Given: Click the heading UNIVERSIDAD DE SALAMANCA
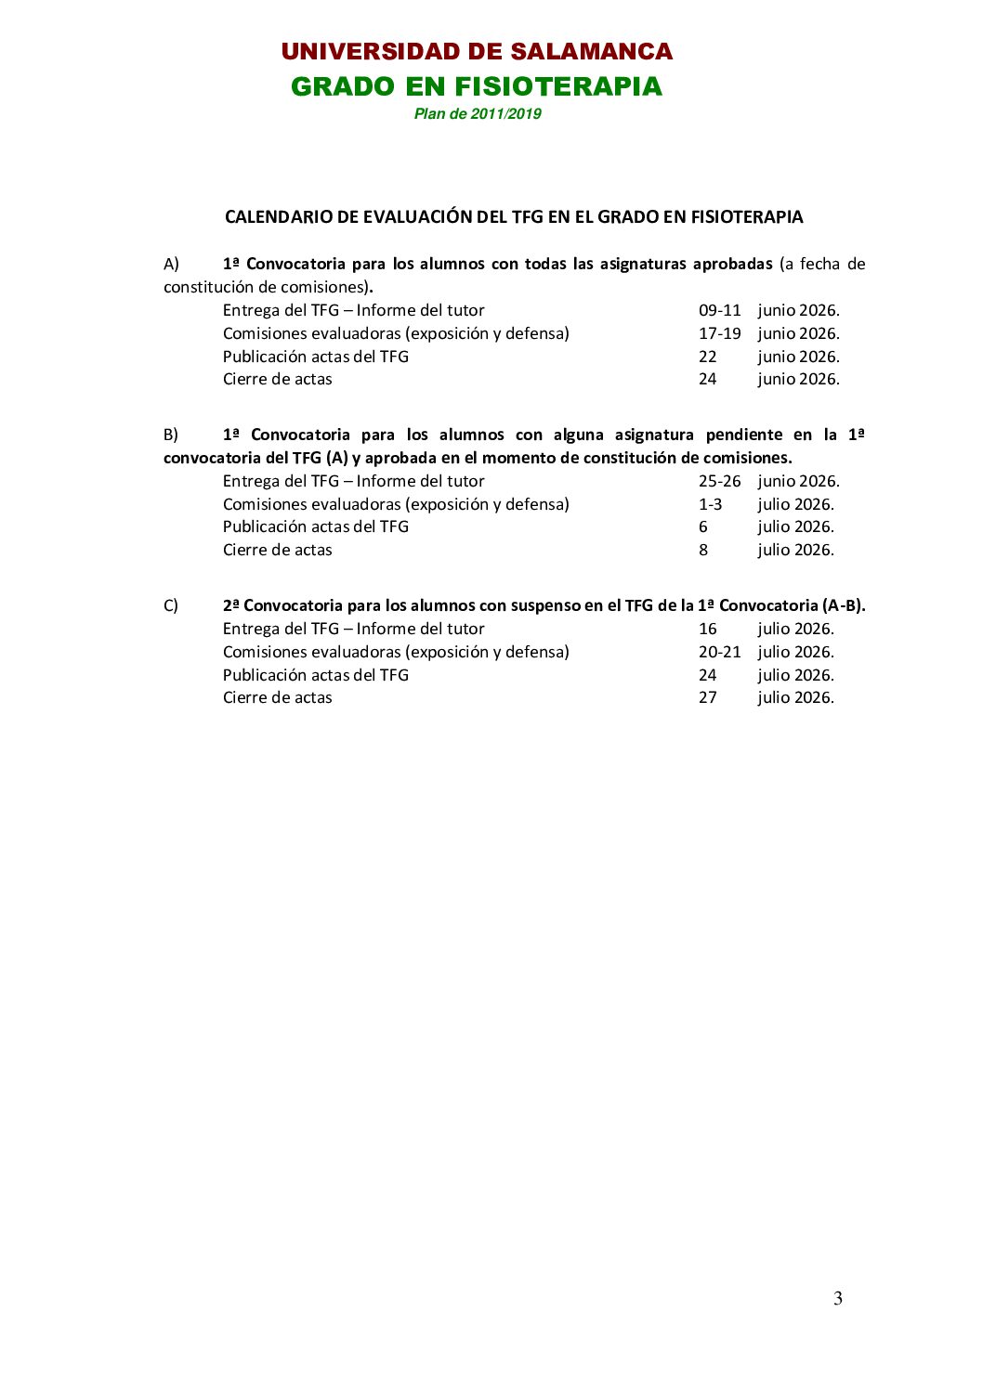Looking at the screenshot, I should [477, 52].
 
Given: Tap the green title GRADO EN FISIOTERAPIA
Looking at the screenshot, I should [477, 86].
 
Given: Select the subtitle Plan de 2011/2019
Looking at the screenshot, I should [478, 114].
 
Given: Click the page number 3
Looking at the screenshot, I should [838, 1298].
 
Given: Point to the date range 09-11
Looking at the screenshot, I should [720, 310].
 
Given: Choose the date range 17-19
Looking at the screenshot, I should [720, 333].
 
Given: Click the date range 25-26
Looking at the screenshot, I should [720, 481].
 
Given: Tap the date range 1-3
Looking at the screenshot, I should [710, 504].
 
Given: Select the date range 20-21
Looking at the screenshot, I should [720, 652].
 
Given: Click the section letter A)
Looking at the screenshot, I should [171, 264].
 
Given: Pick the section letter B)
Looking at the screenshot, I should [171, 435].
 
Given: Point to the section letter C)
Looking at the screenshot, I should [171, 605].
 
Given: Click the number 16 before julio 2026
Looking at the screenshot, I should [708, 629].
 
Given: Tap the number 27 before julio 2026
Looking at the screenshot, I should [708, 697].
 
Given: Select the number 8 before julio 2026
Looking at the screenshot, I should [703, 550].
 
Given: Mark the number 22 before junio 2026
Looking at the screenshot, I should [708, 357].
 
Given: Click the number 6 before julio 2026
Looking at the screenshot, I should [703, 526].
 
